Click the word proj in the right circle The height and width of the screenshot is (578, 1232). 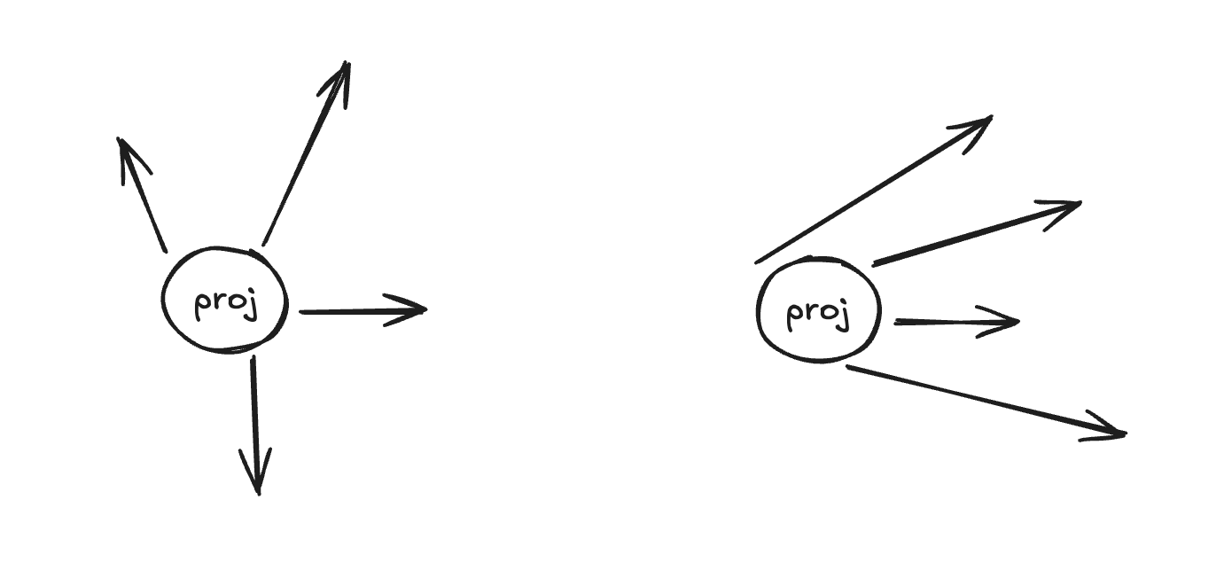817,314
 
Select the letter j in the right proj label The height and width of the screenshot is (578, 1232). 845,316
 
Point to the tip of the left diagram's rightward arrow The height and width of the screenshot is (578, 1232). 425,309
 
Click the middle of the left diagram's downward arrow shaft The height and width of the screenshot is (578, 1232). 254,417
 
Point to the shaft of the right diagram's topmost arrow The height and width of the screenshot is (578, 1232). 873,190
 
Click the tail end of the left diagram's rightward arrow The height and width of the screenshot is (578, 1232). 302,312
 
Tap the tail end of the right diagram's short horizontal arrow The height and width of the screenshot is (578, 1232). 897,323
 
